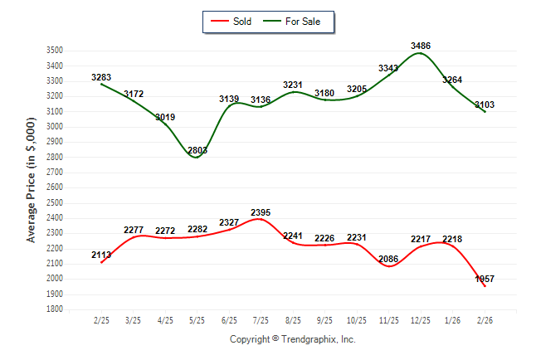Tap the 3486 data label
pos(421,46)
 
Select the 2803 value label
pos(197,150)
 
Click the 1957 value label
pos(485,280)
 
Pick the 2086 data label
pos(388,260)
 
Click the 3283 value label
pos(101,77)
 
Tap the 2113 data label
pos(101,255)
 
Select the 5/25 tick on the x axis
pos(197,320)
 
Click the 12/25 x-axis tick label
pos(421,320)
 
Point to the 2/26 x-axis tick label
pos(485,320)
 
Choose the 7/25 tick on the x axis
pos(261,320)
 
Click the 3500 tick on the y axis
pos(55,51)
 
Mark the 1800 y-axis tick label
pos(55,309)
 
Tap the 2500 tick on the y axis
pos(55,203)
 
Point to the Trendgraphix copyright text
pos(292,339)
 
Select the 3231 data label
pos(293,85)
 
